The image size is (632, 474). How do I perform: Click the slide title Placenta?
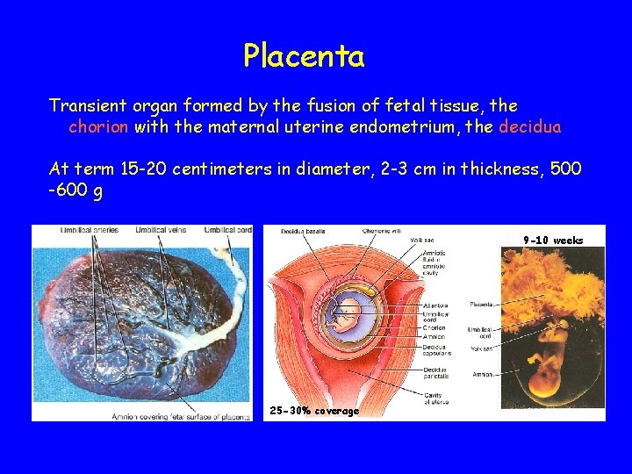point(304,57)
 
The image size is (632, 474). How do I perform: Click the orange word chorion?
point(99,127)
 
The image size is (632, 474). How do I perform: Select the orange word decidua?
point(529,127)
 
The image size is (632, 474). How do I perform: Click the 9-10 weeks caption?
point(553,241)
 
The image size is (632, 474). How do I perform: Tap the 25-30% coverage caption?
point(314,411)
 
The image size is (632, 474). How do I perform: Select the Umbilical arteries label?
point(90,231)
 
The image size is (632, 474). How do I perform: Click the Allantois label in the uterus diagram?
point(435,305)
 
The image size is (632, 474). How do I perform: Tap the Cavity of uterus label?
point(436,399)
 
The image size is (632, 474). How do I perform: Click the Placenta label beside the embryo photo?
point(481,305)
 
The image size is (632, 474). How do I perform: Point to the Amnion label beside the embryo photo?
point(481,376)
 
